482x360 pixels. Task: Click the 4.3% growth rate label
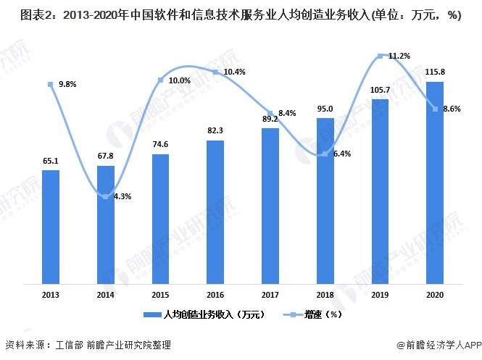(121, 196)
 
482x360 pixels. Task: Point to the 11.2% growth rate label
(399, 56)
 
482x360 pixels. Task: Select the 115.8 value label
(435, 74)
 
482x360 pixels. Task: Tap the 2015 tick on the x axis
(160, 294)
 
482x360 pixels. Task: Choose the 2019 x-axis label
(380, 294)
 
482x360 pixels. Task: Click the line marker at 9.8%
(51, 85)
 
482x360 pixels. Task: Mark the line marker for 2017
(270, 112)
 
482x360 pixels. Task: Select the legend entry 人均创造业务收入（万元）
(210, 314)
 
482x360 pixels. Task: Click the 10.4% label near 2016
(233, 72)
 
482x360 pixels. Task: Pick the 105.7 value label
(380, 90)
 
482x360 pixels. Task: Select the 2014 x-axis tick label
(106, 294)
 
